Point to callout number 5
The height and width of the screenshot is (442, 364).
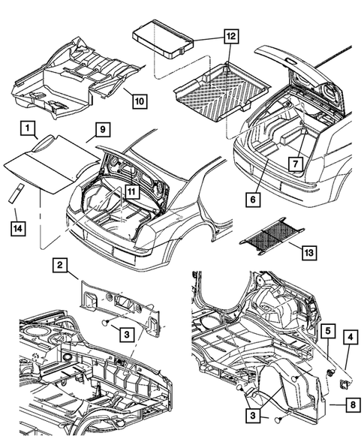328,332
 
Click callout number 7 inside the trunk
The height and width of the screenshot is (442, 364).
295,163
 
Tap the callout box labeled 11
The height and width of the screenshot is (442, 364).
131,192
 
